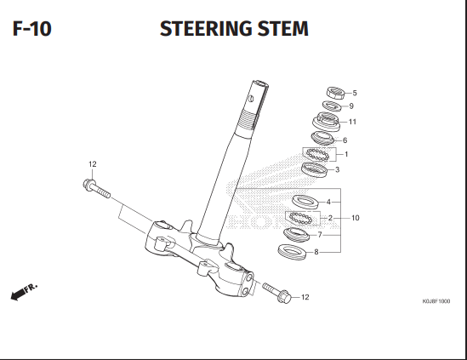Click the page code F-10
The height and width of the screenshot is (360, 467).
pos(31,29)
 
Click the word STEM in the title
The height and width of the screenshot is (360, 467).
pos(283,29)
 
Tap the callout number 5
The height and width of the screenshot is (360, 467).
pos(355,93)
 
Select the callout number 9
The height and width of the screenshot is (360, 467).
pos(351,106)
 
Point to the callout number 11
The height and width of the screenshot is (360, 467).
pos(352,122)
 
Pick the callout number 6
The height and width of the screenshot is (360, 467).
pos(345,140)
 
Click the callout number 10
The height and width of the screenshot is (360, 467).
pos(356,218)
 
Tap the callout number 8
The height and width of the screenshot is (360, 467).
pos(316,252)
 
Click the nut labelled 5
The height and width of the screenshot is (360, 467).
pos(336,93)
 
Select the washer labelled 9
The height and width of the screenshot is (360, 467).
pos(331,106)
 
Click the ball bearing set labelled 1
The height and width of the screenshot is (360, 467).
pos(318,154)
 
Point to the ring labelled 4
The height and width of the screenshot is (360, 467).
pos(305,202)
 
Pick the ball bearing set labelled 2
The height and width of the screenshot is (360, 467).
pos(301,218)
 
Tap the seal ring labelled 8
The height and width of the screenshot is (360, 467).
pos(292,252)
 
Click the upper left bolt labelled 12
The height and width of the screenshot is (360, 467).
pos(96,188)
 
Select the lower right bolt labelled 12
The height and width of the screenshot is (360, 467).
pos(276,293)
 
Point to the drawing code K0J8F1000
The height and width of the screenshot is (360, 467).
pos(436,301)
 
